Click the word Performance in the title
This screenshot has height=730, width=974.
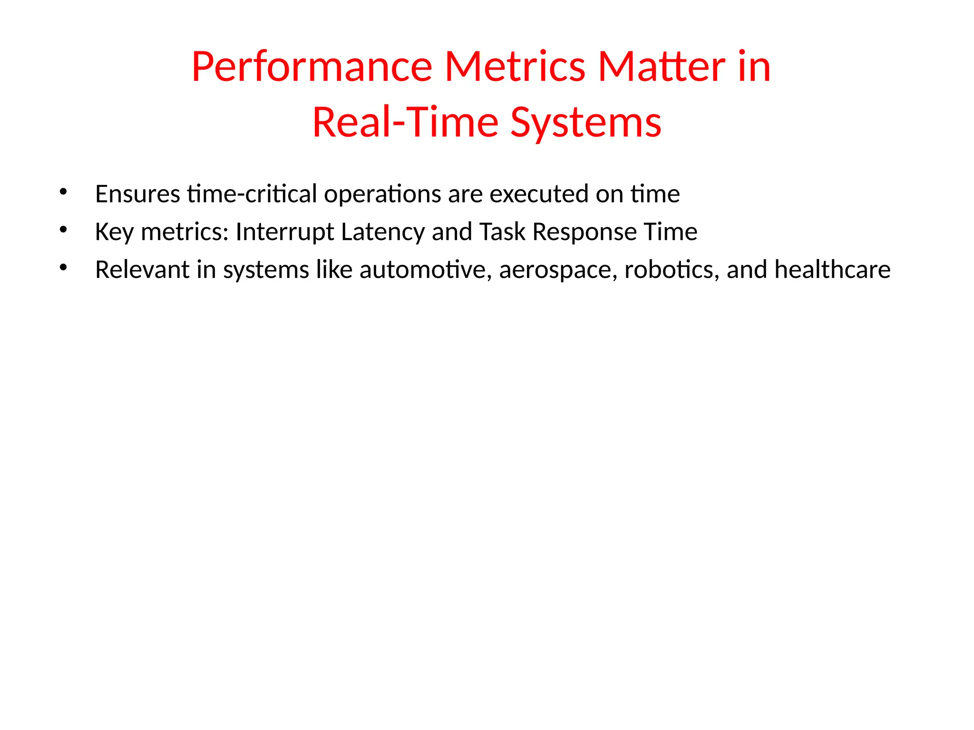312,67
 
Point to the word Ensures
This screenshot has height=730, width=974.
137,194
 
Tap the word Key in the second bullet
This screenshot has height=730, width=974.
114,232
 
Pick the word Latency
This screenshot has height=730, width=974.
383,232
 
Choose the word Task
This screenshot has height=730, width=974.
502,232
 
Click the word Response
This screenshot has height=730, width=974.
584,232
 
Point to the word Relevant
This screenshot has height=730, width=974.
142,269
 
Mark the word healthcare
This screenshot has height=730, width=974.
832,269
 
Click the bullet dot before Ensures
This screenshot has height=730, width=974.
63,192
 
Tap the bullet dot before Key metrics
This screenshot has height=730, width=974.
63,230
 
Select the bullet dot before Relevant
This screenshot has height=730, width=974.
63,268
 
